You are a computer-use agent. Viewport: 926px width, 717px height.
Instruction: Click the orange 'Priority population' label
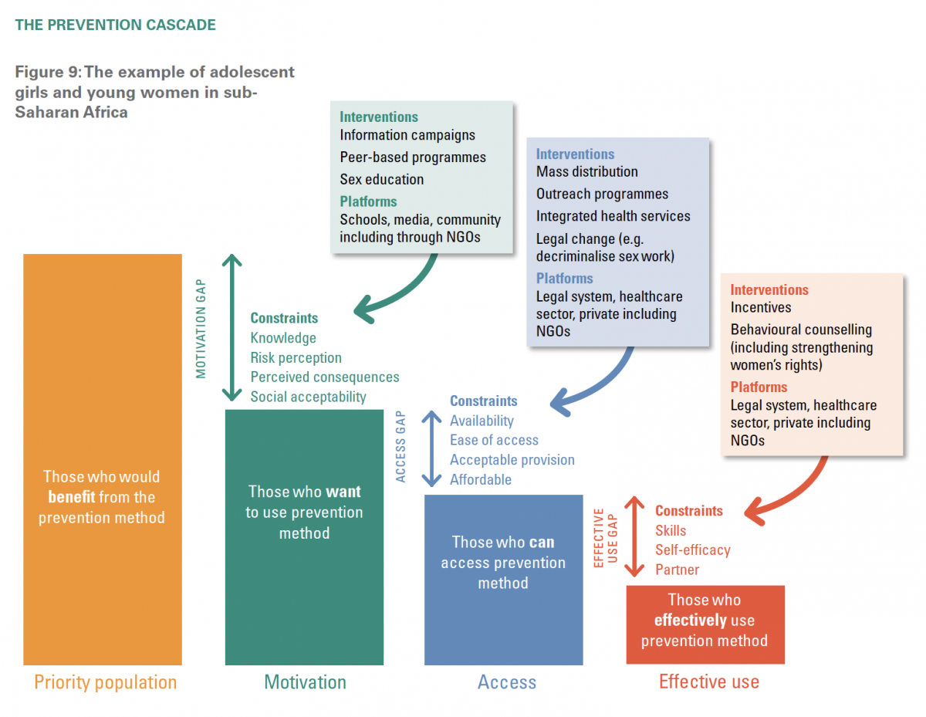pyautogui.click(x=105, y=682)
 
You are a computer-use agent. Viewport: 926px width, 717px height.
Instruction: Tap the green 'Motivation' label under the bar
pyautogui.click(x=305, y=682)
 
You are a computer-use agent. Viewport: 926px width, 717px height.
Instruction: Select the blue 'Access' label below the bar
pyautogui.click(x=506, y=682)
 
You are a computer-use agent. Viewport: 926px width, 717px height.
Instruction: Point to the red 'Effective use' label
pyautogui.click(x=708, y=682)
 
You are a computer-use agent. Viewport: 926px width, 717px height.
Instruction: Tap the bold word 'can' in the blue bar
pyautogui.click(x=542, y=543)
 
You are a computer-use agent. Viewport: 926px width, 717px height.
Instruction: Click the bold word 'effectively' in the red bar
pyautogui.click(x=691, y=621)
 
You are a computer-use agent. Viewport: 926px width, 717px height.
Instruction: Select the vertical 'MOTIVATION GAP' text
pyautogui.click(x=201, y=329)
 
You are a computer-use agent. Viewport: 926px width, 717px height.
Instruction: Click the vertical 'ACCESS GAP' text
pyautogui.click(x=400, y=446)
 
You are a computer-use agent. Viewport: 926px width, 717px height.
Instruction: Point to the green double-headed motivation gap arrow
pyautogui.click(x=231, y=327)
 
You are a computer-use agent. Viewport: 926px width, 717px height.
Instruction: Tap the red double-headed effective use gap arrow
pyautogui.click(x=634, y=536)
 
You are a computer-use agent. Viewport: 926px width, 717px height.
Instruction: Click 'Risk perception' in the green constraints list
pyautogui.click(x=296, y=358)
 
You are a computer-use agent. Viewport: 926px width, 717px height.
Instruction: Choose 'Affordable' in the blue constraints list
pyautogui.click(x=481, y=480)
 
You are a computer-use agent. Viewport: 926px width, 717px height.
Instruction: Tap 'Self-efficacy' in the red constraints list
pyautogui.click(x=692, y=550)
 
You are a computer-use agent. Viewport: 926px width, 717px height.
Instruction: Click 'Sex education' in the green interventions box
pyautogui.click(x=381, y=180)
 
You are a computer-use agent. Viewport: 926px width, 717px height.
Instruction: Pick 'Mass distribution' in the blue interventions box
pyautogui.click(x=586, y=172)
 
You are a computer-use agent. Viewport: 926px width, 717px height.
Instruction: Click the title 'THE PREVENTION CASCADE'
pyautogui.click(x=115, y=25)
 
